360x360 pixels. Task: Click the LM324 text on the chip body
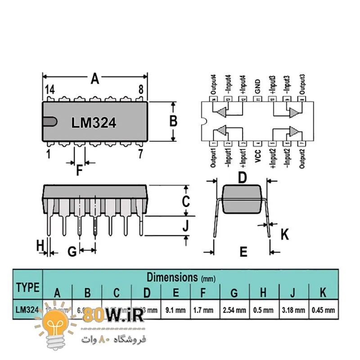[x=94, y=123]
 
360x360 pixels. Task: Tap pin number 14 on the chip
[x=49, y=90]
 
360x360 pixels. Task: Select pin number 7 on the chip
[x=140, y=154]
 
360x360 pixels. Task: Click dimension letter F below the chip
[x=79, y=171]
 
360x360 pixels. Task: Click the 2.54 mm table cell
[x=234, y=310]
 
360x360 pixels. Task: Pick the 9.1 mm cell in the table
[x=175, y=310]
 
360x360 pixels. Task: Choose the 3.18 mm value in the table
[x=293, y=310]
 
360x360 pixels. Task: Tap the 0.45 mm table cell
[x=323, y=310]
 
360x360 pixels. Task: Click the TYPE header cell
[x=27, y=287]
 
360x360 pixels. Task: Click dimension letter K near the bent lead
[x=284, y=234]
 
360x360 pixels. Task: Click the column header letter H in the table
[x=263, y=293]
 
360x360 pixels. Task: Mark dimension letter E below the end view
[x=243, y=252]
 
